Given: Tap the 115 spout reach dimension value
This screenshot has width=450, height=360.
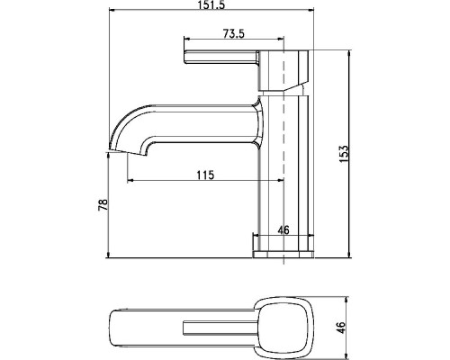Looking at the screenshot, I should tap(204, 174).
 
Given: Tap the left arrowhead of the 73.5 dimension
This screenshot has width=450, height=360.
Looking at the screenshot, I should tap(185, 40).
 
